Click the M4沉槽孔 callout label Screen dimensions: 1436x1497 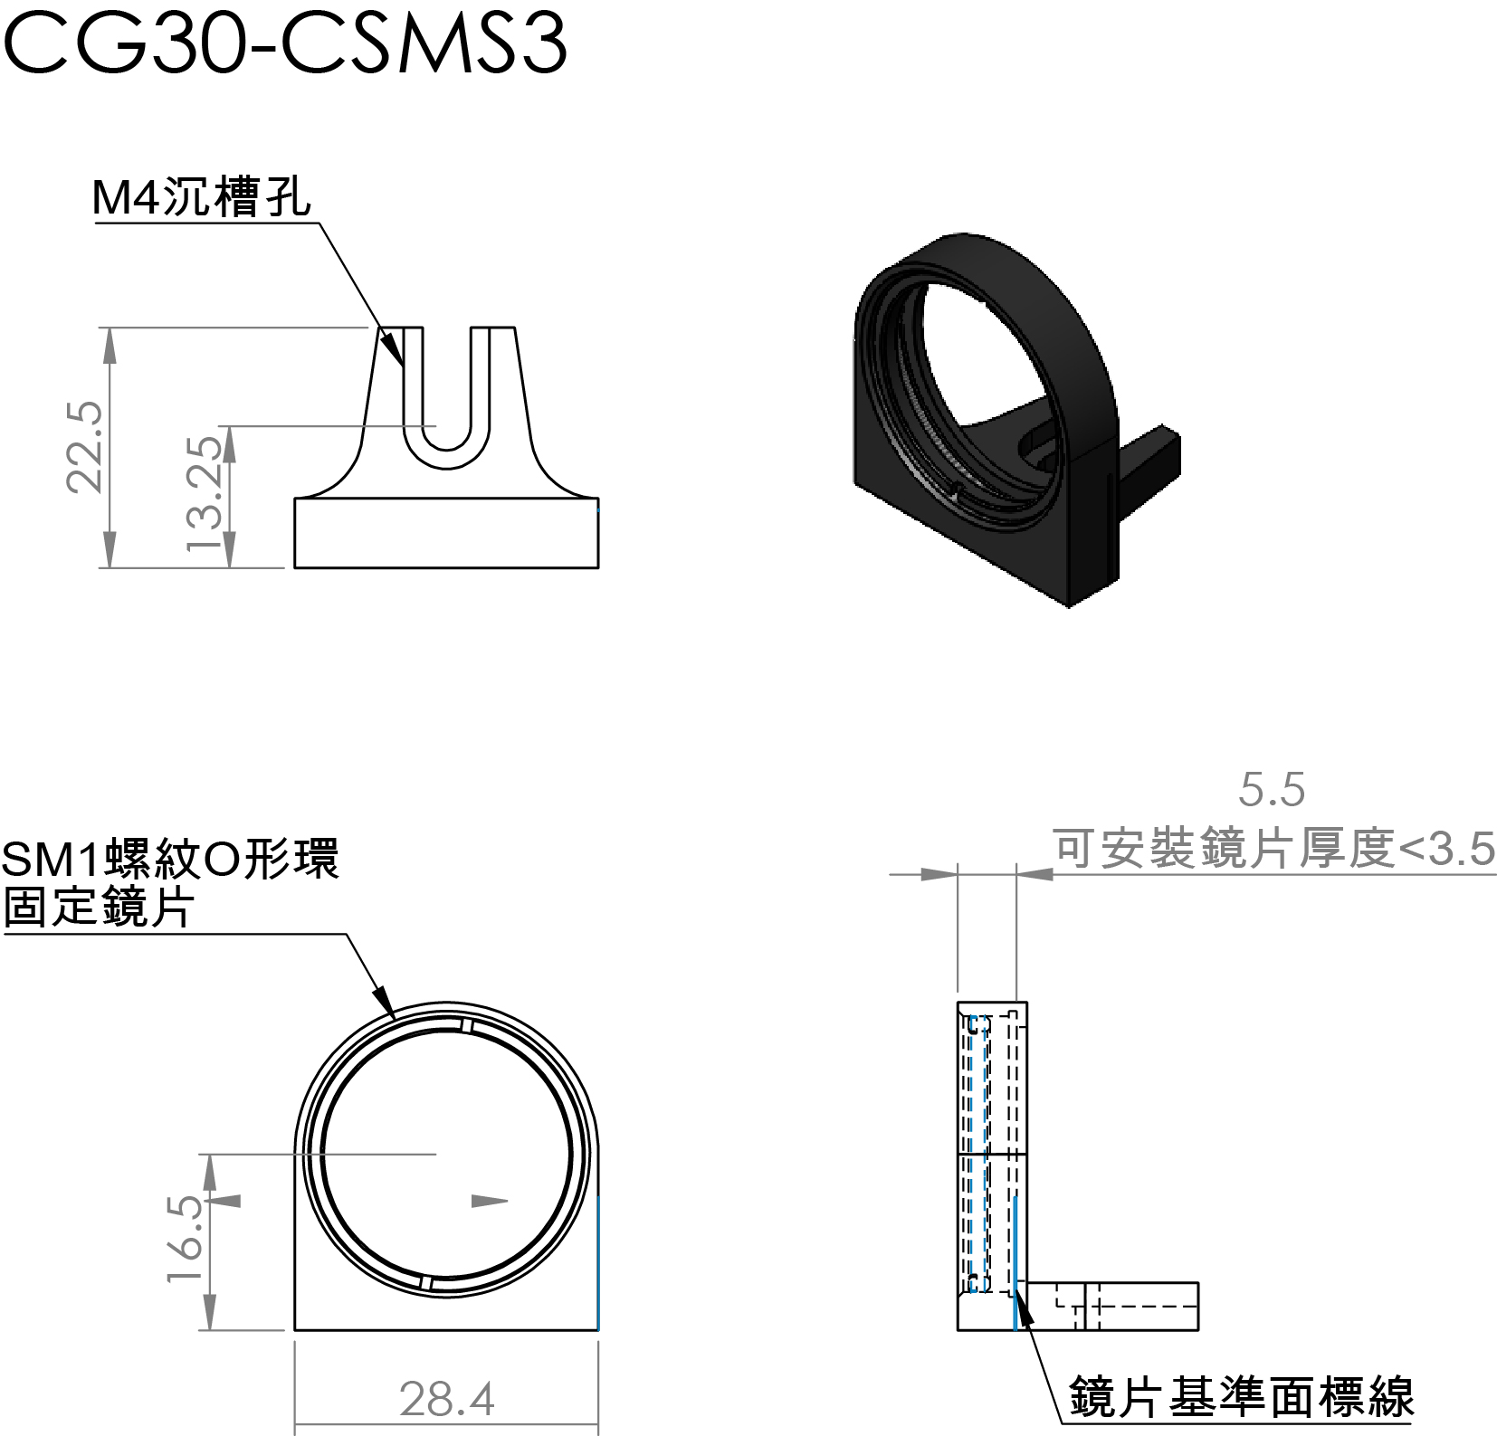[x=202, y=197]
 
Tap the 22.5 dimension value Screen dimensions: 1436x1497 [x=86, y=448]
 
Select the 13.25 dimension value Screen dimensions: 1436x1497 [x=205, y=494]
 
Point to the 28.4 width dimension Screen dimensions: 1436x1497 [x=447, y=1399]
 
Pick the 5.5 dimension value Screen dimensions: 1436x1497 [x=1272, y=790]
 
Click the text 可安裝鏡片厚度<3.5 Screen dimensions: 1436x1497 [x=1274, y=849]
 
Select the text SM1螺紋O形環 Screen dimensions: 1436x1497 [x=170, y=859]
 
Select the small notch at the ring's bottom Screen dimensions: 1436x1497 [x=425, y=1283]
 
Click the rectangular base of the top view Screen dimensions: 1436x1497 [x=446, y=533]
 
